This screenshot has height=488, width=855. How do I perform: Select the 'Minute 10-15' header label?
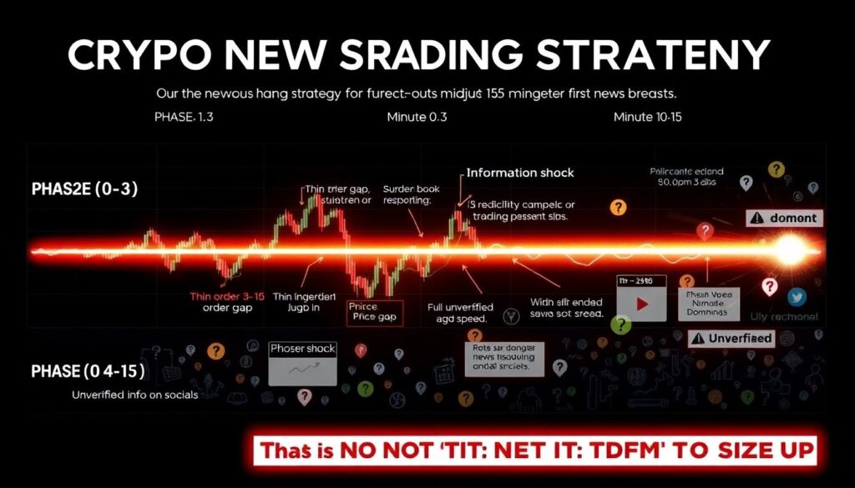point(648,117)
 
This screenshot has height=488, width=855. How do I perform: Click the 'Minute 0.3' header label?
point(417,117)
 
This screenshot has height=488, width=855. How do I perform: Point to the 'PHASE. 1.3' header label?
point(183,117)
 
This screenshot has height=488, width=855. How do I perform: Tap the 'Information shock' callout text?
point(520,173)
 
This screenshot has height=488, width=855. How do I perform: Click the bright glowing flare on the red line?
point(788,249)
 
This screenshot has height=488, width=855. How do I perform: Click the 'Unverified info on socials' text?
point(134,394)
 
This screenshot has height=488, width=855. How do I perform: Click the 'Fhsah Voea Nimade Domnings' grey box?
point(707,304)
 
